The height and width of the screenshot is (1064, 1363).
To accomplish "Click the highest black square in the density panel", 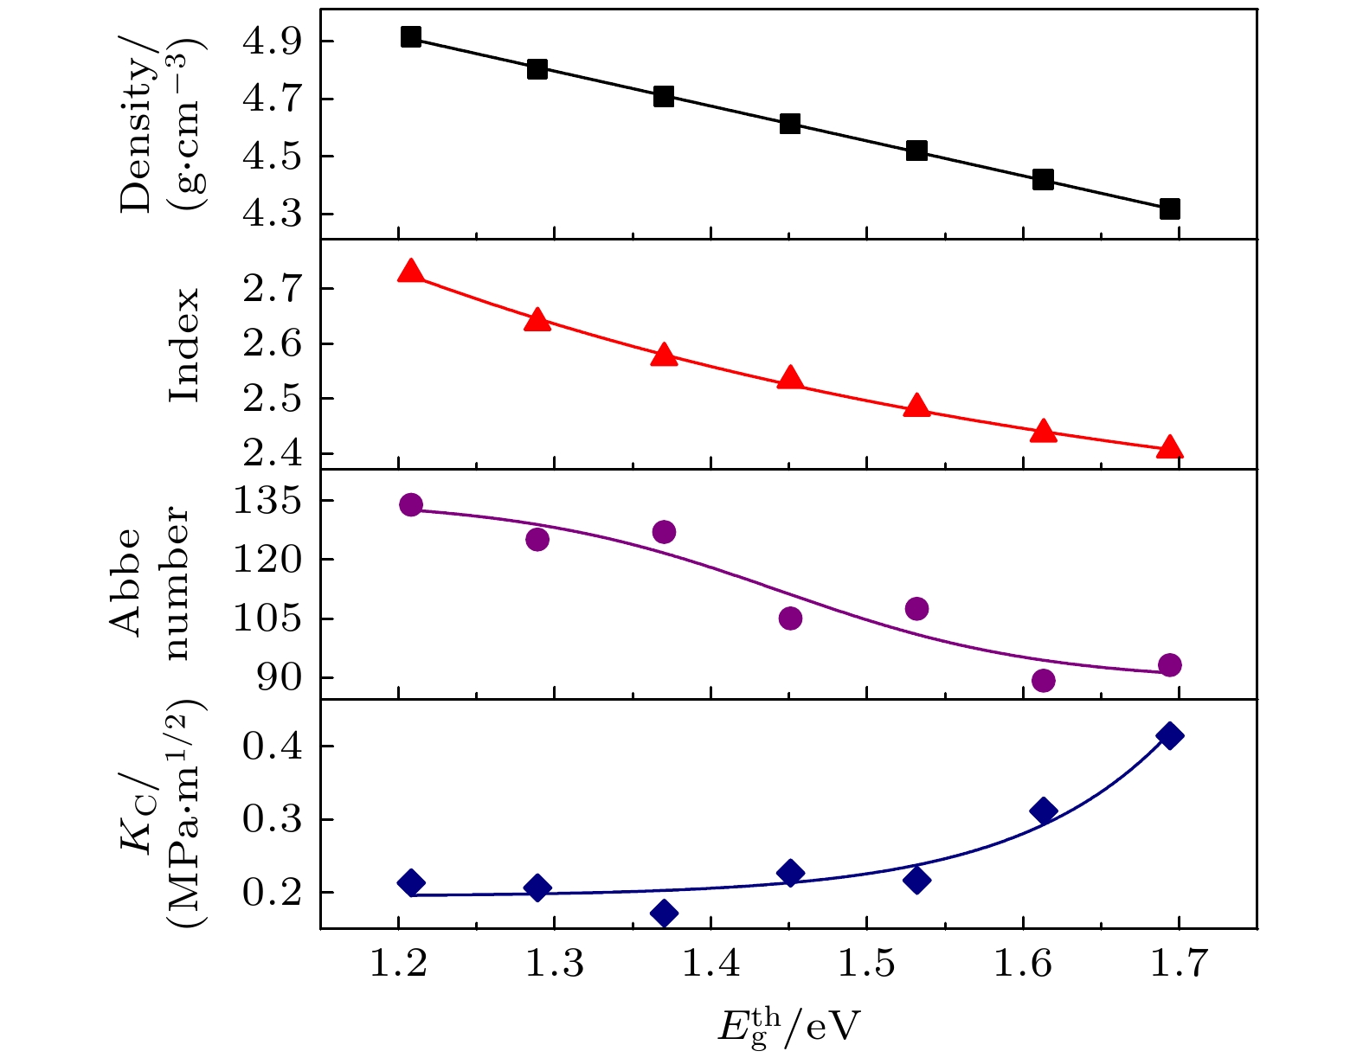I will [x=411, y=37].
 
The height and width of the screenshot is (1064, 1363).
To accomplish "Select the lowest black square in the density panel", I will [x=1170, y=208].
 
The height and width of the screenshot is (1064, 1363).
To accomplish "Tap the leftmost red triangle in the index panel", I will [x=411, y=272].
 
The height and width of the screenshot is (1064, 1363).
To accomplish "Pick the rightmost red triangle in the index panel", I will [x=1170, y=447].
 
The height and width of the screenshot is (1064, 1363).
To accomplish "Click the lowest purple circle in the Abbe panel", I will [x=1044, y=680].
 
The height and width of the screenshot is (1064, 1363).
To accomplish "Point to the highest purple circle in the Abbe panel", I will [x=411, y=504].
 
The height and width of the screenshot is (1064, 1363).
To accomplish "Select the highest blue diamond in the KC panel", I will [x=1170, y=736].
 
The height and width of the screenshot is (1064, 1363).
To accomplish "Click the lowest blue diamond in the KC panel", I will [x=664, y=913].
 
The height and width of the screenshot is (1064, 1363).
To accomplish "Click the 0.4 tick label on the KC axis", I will [x=271, y=746].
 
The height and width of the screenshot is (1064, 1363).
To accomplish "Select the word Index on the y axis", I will [x=183, y=345].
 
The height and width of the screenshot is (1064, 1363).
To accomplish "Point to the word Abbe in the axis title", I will [x=127, y=582].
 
